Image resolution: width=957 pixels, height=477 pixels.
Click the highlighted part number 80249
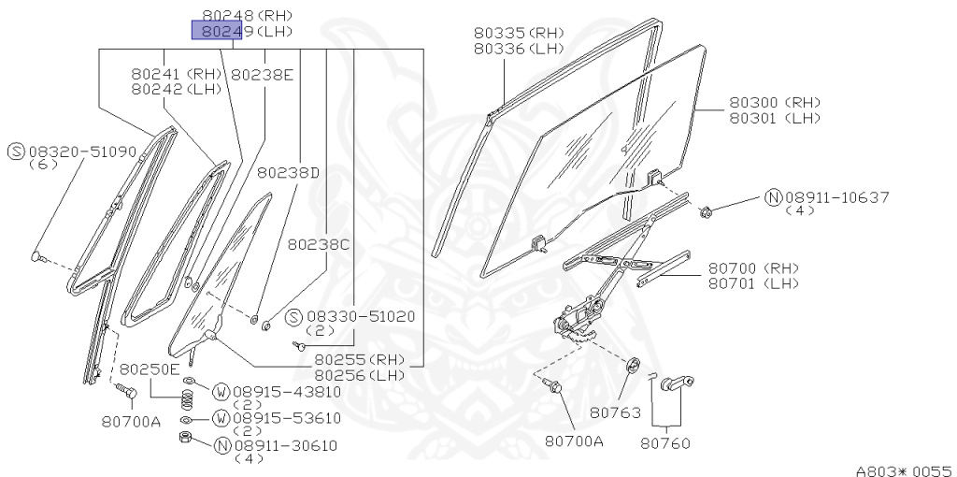[217, 32]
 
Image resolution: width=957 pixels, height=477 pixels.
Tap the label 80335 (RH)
[519, 33]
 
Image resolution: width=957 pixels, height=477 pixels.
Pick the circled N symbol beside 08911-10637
[773, 197]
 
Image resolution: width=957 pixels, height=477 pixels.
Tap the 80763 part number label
[613, 411]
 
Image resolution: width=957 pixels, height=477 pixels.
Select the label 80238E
[263, 74]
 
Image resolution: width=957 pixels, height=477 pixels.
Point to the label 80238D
[289, 172]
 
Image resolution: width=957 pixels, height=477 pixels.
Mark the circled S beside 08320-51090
[16, 151]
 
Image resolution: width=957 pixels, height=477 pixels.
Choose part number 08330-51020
[361, 317]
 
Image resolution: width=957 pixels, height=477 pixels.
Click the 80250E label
[150, 369]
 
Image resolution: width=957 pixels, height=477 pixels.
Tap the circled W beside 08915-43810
[221, 391]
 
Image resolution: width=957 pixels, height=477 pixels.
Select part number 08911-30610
[285, 445]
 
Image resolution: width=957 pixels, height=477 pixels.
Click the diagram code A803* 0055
[903, 470]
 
